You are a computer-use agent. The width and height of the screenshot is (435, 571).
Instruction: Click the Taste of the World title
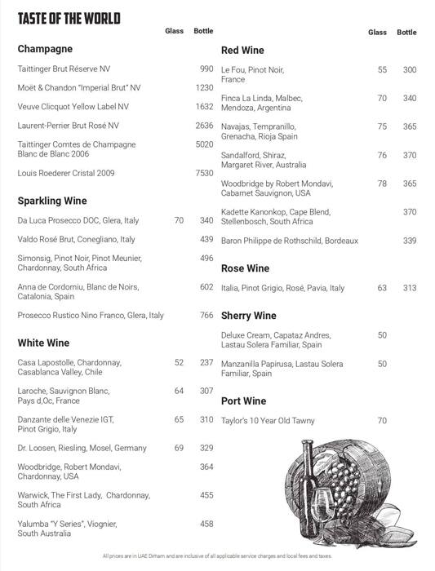(69, 18)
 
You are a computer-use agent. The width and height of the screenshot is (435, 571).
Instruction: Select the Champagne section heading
(45, 49)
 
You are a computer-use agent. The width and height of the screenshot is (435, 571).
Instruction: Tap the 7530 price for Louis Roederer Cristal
(204, 173)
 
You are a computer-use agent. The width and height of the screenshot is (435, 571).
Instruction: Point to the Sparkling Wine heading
(52, 201)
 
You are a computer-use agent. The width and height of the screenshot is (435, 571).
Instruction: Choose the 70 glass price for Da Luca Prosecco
(179, 220)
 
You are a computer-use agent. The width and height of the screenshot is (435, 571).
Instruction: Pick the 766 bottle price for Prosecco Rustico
(206, 315)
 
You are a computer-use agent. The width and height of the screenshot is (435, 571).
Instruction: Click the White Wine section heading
(43, 343)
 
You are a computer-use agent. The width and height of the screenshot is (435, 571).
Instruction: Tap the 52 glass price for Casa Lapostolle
(179, 362)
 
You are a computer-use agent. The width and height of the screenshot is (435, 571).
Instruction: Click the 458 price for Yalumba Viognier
(206, 524)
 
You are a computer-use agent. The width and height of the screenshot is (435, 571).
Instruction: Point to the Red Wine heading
(242, 51)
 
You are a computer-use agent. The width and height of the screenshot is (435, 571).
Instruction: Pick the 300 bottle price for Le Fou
(410, 70)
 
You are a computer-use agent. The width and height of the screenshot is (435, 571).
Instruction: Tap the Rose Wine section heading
(245, 268)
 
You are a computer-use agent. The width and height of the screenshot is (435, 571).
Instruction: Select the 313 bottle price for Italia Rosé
(410, 288)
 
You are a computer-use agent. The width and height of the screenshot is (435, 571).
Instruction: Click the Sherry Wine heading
(248, 316)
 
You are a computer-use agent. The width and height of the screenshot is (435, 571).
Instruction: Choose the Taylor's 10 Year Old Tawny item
(268, 421)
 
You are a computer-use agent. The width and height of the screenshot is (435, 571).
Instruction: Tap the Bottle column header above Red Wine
(406, 33)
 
